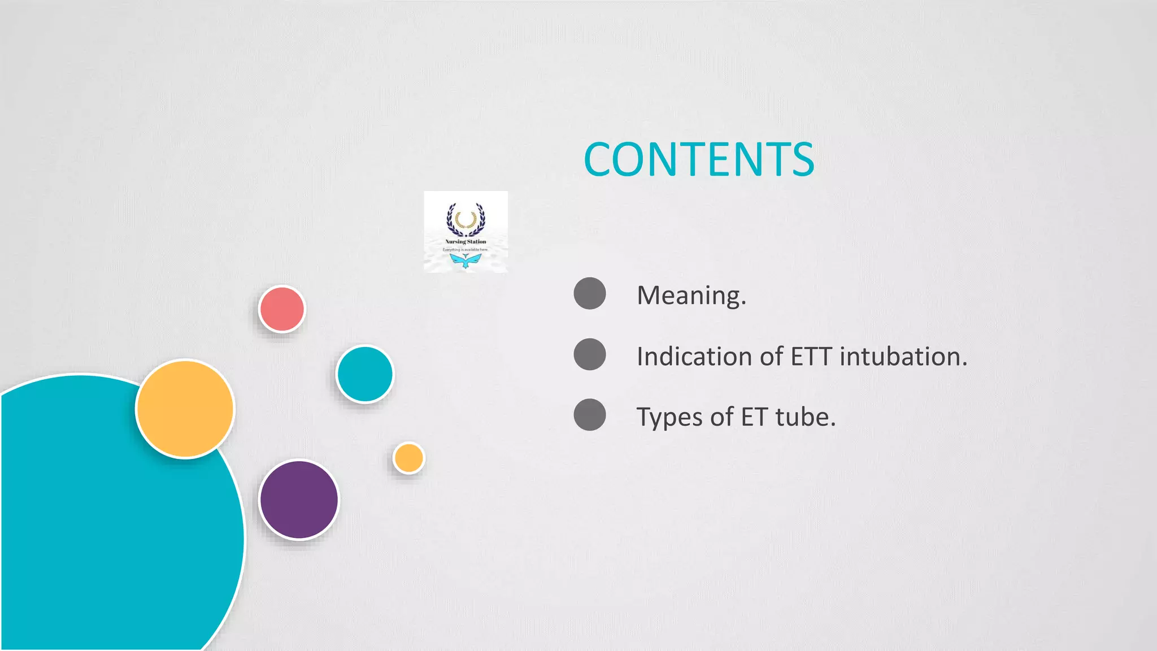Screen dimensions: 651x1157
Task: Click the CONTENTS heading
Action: tap(699, 159)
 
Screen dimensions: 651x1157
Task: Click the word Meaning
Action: tap(691, 295)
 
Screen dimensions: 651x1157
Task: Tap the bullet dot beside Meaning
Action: tap(590, 293)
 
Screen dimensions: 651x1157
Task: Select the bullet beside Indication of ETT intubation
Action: tap(590, 354)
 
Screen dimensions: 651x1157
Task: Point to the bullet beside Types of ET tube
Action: tap(590, 415)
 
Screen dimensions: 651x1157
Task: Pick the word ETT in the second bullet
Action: tap(811, 357)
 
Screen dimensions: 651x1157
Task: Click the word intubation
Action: tap(903, 357)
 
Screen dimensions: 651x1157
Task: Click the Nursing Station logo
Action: tap(466, 232)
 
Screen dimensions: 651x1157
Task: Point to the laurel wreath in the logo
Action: tap(466, 220)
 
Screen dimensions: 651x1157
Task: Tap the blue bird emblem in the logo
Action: tap(466, 261)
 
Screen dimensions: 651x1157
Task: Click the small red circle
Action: tap(282, 309)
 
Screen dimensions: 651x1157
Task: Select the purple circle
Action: tap(299, 500)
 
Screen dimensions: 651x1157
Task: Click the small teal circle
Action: tap(364, 374)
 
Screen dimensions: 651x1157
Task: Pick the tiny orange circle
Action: tap(408, 458)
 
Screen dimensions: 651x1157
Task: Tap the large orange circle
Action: tap(185, 409)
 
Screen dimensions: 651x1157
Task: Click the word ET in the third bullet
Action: tap(754, 417)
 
